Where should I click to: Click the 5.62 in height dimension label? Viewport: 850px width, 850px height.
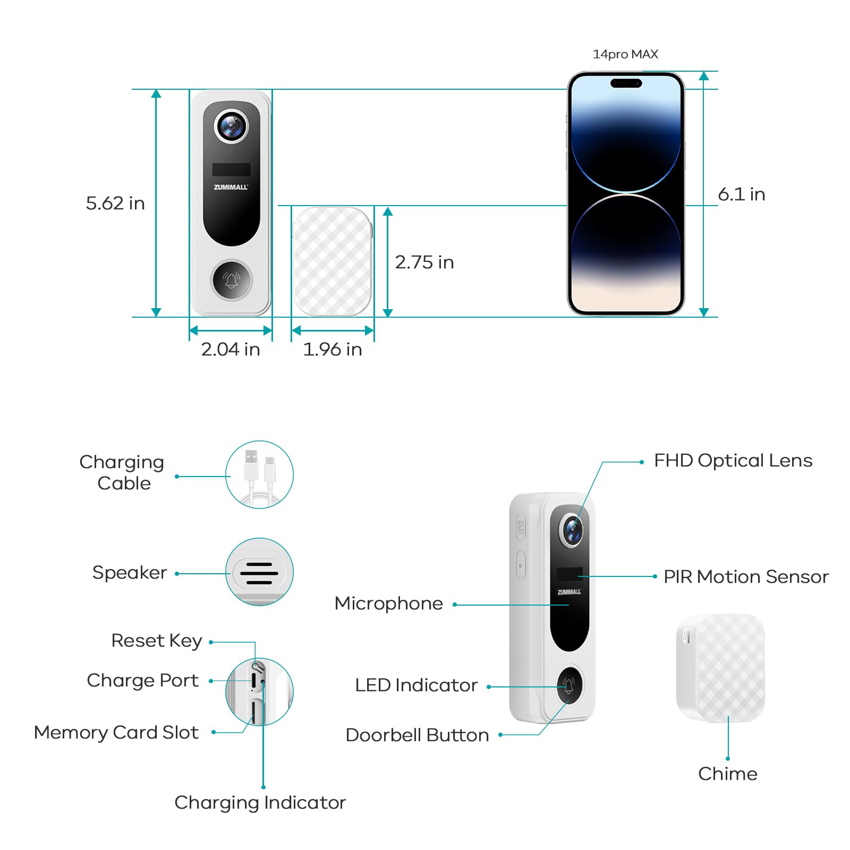click(x=115, y=203)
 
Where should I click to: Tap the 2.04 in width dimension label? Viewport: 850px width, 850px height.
click(x=231, y=349)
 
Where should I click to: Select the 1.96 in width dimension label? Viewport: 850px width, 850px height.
click(x=333, y=349)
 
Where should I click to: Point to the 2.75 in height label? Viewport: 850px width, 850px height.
click(x=424, y=262)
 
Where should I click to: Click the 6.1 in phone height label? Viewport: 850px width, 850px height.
click(x=741, y=194)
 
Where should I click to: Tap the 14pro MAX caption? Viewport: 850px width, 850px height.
click(x=625, y=54)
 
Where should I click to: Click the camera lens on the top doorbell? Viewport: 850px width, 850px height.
click(x=231, y=126)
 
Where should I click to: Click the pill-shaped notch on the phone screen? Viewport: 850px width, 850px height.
click(x=626, y=83)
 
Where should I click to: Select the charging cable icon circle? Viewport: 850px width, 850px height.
click(x=259, y=474)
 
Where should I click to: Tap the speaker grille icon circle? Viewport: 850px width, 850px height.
click(x=259, y=572)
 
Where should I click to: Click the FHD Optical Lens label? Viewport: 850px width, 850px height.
click(x=733, y=461)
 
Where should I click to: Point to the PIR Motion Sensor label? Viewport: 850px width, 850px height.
click(x=746, y=576)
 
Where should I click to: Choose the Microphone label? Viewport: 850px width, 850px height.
click(x=388, y=603)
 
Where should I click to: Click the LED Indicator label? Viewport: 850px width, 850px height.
click(x=416, y=685)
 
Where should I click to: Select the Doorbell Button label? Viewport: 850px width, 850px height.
click(x=417, y=735)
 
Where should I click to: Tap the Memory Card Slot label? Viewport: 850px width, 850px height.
click(x=116, y=733)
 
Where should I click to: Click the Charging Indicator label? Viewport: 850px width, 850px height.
click(x=260, y=802)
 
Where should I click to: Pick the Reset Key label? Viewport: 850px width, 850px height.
click(x=156, y=641)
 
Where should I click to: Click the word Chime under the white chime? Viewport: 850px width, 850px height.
click(x=727, y=773)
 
